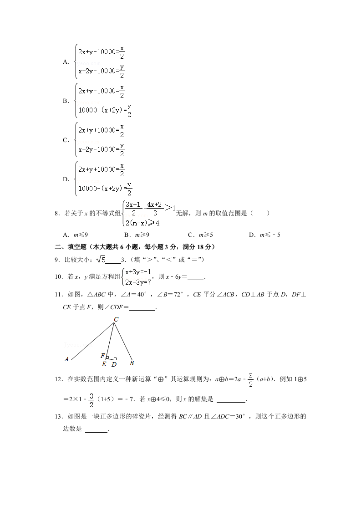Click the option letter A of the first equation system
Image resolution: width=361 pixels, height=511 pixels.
pyautogui.click(x=65, y=62)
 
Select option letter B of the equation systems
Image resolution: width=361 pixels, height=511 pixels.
pyautogui.click(x=65, y=101)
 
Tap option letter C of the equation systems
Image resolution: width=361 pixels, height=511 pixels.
pyautogui.click(x=65, y=140)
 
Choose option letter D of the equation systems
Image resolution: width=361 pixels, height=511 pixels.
pyautogui.click(x=65, y=179)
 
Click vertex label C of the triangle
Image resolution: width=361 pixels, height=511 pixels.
pyautogui.click(x=116, y=320)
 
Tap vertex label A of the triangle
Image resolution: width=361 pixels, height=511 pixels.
pyautogui.click(x=66, y=359)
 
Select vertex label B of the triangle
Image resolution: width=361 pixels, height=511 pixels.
pyautogui.click(x=132, y=363)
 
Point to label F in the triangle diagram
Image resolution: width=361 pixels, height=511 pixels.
pyautogui.click(x=103, y=355)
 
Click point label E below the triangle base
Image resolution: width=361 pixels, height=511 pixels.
pyautogui.click(x=104, y=364)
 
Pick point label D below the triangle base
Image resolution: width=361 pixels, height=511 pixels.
pyautogui.click(x=114, y=364)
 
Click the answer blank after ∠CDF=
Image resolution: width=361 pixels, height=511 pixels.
pyautogui.click(x=142, y=308)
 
